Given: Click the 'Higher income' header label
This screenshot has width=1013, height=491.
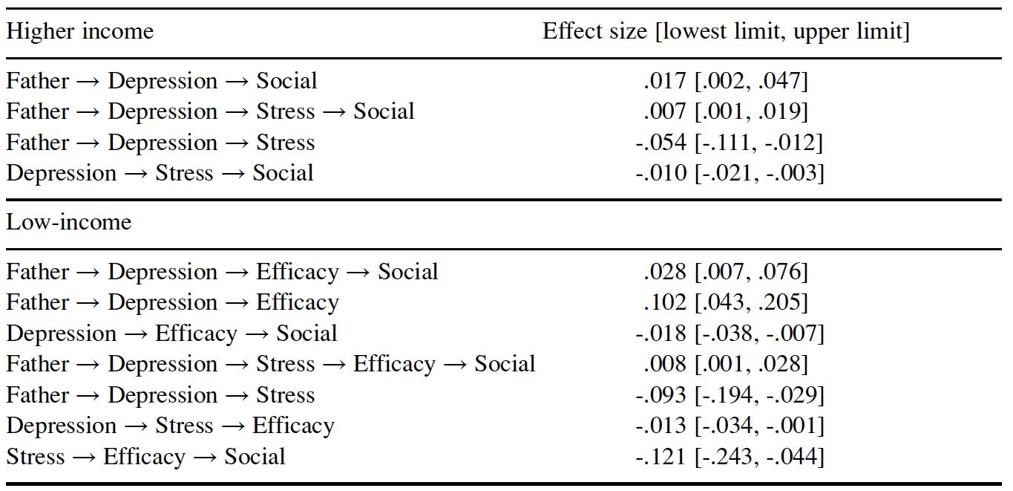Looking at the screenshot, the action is coord(80,32).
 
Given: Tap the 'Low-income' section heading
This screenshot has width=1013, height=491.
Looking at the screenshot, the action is coord(69,222).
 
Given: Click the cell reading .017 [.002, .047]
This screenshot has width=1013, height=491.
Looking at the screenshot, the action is coord(726,82).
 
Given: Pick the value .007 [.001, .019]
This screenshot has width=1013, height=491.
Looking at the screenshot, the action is coord(726,111).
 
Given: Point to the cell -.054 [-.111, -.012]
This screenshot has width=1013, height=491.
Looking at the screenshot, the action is coord(729,143).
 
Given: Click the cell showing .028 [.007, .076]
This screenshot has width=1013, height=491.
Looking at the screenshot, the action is coord(726,272).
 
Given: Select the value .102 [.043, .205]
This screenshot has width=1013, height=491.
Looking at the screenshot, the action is coord(726,303).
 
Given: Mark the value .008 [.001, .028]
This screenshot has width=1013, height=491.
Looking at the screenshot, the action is coord(726,364).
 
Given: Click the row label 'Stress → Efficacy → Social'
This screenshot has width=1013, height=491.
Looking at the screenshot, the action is coord(145,457).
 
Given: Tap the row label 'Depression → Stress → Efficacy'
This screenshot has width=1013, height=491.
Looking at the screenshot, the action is coord(171,426).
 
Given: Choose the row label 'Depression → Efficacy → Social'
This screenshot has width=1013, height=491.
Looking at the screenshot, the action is coord(172,334).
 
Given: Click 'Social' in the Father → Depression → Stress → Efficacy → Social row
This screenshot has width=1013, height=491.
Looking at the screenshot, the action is coord(505,364).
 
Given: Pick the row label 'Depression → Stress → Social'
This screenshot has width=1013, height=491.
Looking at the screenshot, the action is coord(160,173).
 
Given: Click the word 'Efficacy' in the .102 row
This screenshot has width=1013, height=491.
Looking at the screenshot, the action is coord(298,303).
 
